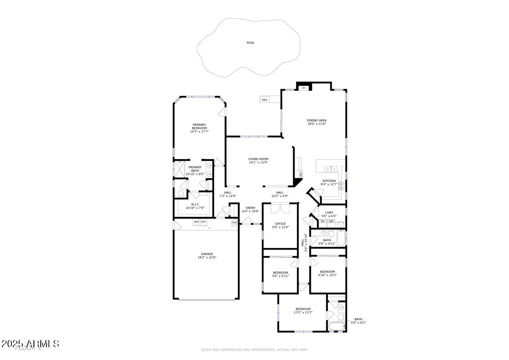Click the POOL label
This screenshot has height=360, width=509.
[x=251, y=43]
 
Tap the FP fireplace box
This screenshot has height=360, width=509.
[x=304, y=88]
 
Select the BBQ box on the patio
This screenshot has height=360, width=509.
[x=265, y=100]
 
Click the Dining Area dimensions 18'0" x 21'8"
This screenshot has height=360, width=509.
[x=317, y=124]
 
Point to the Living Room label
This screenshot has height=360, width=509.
[x=258, y=159]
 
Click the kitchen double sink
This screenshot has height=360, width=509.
[x=330, y=169]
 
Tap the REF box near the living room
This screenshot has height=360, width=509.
[x=301, y=174]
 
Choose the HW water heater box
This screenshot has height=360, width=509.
[x=234, y=222]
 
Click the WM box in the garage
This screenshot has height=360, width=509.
[x=196, y=222]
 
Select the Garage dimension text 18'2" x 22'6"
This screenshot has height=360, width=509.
[x=207, y=257]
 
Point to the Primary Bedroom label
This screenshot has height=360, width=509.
[x=199, y=127]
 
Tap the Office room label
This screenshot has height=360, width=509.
[x=280, y=224]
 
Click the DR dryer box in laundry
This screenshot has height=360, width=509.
[x=323, y=221]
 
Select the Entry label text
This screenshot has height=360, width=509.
[x=250, y=208]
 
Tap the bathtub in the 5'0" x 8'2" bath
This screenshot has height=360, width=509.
[x=337, y=326]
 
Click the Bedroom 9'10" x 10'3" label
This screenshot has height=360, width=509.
[x=327, y=272]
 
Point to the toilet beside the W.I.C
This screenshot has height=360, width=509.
[x=181, y=194]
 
